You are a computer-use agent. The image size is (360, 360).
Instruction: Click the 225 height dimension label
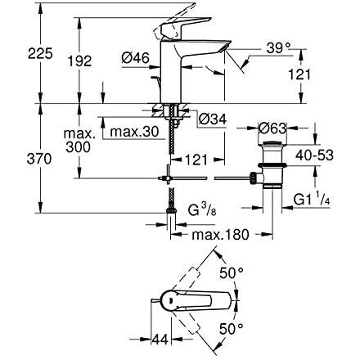tap(40, 53)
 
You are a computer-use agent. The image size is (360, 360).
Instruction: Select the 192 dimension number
tap(79, 61)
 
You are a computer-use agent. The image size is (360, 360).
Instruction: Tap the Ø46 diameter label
tap(136, 58)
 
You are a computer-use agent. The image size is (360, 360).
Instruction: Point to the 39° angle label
tap(278, 48)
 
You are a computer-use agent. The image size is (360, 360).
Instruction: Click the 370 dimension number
tap(39, 159)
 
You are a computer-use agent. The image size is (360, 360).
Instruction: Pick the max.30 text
tap(134, 132)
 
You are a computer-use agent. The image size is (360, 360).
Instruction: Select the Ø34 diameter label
tap(213, 119)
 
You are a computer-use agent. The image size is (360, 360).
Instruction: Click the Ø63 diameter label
tap(272, 128)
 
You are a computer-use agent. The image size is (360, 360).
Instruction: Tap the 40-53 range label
tap(314, 155)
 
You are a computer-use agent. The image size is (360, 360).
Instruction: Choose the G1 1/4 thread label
tap(312, 200)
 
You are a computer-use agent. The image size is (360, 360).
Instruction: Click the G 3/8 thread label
tap(202, 210)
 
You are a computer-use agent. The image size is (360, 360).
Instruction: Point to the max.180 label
tap(220, 235)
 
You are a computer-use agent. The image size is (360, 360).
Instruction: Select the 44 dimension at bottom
tap(160, 340)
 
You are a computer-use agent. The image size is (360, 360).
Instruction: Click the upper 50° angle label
tap(232, 273)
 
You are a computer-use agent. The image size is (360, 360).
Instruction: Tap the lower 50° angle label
tap(231, 329)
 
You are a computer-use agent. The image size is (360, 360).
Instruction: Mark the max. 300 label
tap(79, 141)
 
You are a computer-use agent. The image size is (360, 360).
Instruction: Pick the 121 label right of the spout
tap(299, 74)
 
